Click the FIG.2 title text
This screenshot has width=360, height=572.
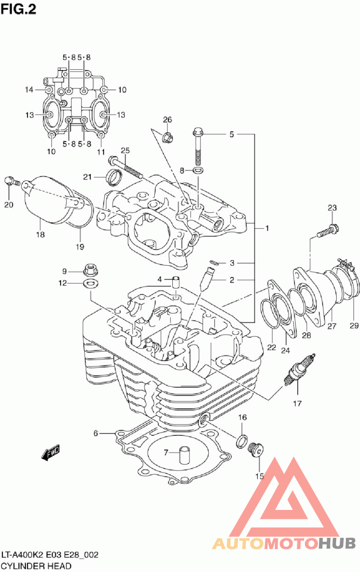click(18, 9)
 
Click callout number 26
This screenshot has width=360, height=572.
click(167, 120)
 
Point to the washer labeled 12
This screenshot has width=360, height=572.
click(91, 283)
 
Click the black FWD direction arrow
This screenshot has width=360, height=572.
click(50, 452)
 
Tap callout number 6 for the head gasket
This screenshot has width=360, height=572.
click(96, 433)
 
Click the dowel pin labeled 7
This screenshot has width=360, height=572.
click(184, 455)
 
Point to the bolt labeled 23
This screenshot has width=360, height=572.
click(328, 230)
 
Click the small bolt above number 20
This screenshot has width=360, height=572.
click(12, 181)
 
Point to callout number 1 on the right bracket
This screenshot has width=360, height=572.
click(267, 228)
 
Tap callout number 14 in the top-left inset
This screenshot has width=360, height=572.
click(29, 89)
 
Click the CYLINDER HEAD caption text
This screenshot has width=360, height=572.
click(36, 566)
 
